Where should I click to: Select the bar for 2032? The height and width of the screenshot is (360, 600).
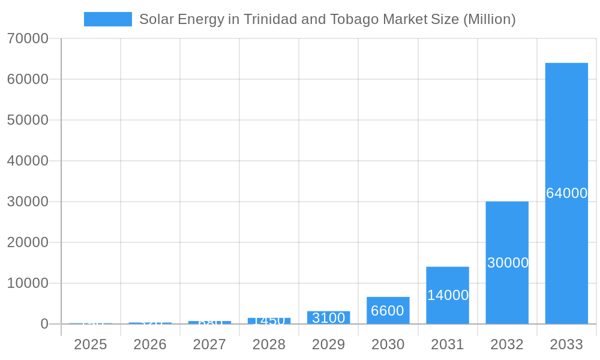pyautogui.click(x=507, y=228)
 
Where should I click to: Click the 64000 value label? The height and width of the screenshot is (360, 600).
pyautogui.click(x=566, y=193)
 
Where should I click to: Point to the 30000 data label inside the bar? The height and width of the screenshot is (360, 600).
pyautogui.click(x=508, y=263)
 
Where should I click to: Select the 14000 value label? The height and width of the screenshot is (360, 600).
pyautogui.click(x=448, y=295)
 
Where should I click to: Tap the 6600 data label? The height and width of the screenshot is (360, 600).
pyautogui.click(x=388, y=311)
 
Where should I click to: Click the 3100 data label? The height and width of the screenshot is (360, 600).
pyautogui.click(x=329, y=318)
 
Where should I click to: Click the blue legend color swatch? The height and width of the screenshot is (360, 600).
pyautogui.click(x=108, y=19)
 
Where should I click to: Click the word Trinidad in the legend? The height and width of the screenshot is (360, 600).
pyautogui.click(x=271, y=19)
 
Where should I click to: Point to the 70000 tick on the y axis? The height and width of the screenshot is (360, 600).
pyautogui.click(x=28, y=38)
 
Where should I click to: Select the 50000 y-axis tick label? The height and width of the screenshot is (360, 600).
pyautogui.click(x=28, y=120)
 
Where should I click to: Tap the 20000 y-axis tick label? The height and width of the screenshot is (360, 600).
pyautogui.click(x=28, y=242)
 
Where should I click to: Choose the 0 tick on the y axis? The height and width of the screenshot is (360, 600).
pyautogui.click(x=44, y=324)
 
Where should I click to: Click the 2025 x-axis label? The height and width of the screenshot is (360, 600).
pyautogui.click(x=91, y=344)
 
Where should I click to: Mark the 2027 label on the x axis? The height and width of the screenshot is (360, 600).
pyautogui.click(x=209, y=344)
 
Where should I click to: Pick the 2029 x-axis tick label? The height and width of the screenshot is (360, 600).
pyautogui.click(x=329, y=344)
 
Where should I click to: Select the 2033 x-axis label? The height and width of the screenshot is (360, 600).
pyautogui.click(x=566, y=344)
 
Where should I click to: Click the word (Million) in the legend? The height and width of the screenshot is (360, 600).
pyautogui.click(x=489, y=19)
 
